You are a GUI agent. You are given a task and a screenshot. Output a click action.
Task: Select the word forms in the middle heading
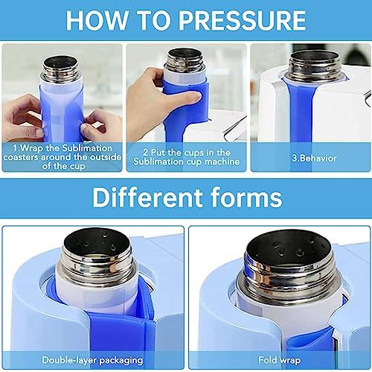click(x=245, y=198)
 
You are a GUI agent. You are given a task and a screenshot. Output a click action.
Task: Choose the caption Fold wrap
click(x=279, y=359)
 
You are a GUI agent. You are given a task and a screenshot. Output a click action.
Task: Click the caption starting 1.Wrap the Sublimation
click(x=61, y=158)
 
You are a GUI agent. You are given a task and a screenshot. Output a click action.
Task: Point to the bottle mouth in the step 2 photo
click(x=185, y=56)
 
